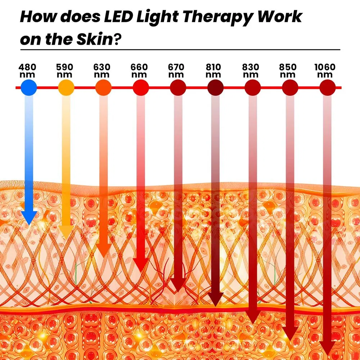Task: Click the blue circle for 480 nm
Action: pyautogui.click(x=29, y=87)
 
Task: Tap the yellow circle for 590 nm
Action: pyautogui.click(x=66, y=87)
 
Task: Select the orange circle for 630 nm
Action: pyautogui.click(x=103, y=87)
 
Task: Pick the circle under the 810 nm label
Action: pyautogui.click(x=216, y=87)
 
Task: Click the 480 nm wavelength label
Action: pyautogui.click(x=27, y=71)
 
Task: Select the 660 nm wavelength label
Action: pyautogui.click(x=139, y=71)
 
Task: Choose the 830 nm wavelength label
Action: pyautogui.click(x=251, y=71)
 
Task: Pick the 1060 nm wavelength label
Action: pyautogui.click(x=325, y=71)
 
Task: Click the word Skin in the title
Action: pyautogui.click(x=94, y=39)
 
